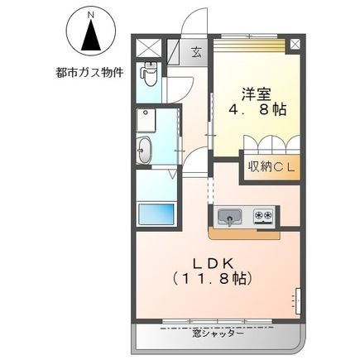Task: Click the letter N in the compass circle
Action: (x=91, y=15)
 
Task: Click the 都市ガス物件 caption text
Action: (x=91, y=73)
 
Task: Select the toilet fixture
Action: (x=149, y=75)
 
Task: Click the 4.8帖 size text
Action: (x=257, y=109)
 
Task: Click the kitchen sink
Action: (x=229, y=217)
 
